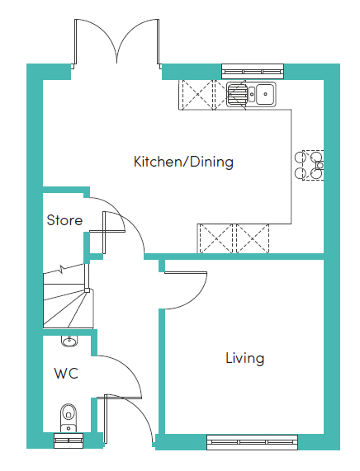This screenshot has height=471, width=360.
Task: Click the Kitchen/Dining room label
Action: (x=183, y=162)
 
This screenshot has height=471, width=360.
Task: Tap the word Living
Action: (x=244, y=358)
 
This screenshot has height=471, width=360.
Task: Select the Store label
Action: (x=64, y=220)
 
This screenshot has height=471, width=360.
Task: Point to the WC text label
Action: (x=66, y=374)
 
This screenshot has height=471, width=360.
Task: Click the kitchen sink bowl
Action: (x=265, y=94)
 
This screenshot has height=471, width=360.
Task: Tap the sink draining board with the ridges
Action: (x=237, y=94)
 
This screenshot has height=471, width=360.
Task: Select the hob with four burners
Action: (x=310, y=165)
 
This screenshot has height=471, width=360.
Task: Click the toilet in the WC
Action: (x=69, y=417)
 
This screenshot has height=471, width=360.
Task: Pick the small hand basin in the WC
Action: (x=69, y=341)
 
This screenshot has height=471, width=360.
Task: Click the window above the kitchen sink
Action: (x=253, y=72)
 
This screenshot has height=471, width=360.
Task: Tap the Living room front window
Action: (x=253, y=442)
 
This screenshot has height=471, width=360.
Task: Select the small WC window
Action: (x=69, y=440)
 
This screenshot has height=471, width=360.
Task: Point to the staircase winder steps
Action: (x=68, y=309)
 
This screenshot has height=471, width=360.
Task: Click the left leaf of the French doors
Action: (x=76, y=42)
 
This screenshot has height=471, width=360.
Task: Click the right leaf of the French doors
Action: (x=158, y=42)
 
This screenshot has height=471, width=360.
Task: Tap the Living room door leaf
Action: (x=186, y=273)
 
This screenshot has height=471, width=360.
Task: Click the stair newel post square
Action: (x=87, y=290)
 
